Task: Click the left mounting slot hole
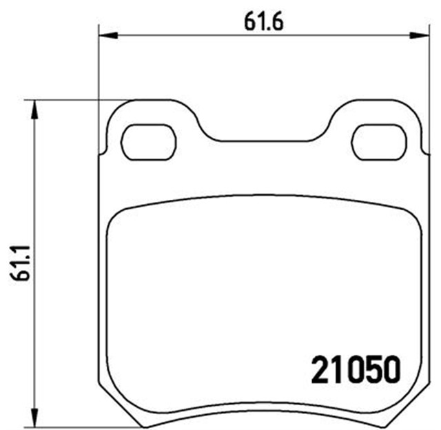tap(148, 142)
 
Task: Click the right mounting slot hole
tap(378, 142)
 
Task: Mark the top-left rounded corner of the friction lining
tap(119, 215)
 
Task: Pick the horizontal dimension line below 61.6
tap(207, 34)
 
